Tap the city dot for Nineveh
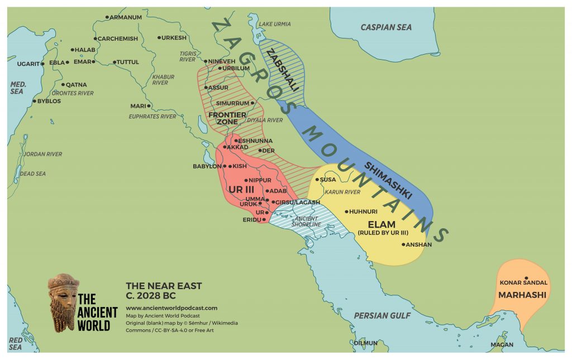tap(205, 61)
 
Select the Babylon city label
tap(207, 166)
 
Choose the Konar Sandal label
tap(523, 283)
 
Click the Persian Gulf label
tap(382, 316)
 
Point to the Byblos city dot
tap(35, 101)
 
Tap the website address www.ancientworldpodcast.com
tap(171, 308)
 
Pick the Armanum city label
tap(126, 17)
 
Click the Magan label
tap(501, 345)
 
